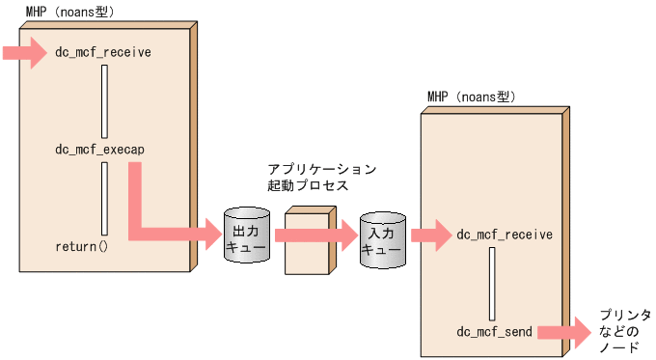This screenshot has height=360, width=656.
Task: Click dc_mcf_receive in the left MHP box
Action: click(x=103, y=51)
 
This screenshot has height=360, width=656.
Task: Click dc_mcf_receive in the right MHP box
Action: click(x=504, y=234)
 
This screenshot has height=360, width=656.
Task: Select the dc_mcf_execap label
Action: click(x=100, y=150)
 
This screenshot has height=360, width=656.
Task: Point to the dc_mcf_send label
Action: click(x=493, y=331)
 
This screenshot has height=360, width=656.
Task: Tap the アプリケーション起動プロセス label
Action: click(x=321, y=177)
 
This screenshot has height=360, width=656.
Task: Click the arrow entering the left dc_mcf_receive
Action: click(x=24, y=51)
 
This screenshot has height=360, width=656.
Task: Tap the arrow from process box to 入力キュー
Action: click(x=342, y=234)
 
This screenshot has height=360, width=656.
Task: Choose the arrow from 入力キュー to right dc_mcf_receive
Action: click(x=430, y=234)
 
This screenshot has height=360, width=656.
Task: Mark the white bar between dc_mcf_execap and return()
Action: click(x=104, y=198)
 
